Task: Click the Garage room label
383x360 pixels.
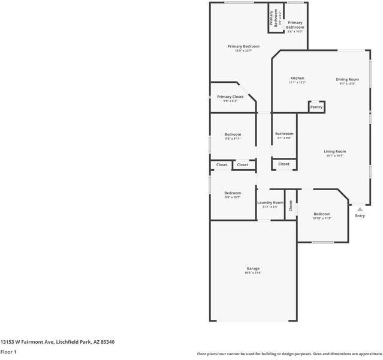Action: [x=252, y=268]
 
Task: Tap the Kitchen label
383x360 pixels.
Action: [x=297, y=78]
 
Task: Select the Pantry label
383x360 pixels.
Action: [x=316, y=107]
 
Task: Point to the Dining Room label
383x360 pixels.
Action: [x=347, y=79]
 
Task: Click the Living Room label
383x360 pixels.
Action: [x=335, y=151]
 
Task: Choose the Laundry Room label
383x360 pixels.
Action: [x=270, y=203]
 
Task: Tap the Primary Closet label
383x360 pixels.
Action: [x=230, y=97]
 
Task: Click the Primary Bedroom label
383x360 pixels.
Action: [x=243, y=46]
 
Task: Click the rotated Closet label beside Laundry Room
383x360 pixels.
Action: [x=291, y=206]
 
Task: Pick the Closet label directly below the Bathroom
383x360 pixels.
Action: [x=284, y=164]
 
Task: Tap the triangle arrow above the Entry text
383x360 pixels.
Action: [x=360, y=209]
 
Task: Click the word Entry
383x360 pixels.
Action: [x=360, y=216]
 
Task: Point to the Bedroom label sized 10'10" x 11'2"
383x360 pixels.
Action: [x=322, y=214]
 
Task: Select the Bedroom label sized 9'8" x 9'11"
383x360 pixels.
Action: [x=233, y=134]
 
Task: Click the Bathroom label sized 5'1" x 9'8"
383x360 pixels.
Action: [x=284, y=134]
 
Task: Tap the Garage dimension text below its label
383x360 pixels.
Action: [x=252, y=273]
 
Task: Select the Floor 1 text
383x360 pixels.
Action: [x=8, y=352]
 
